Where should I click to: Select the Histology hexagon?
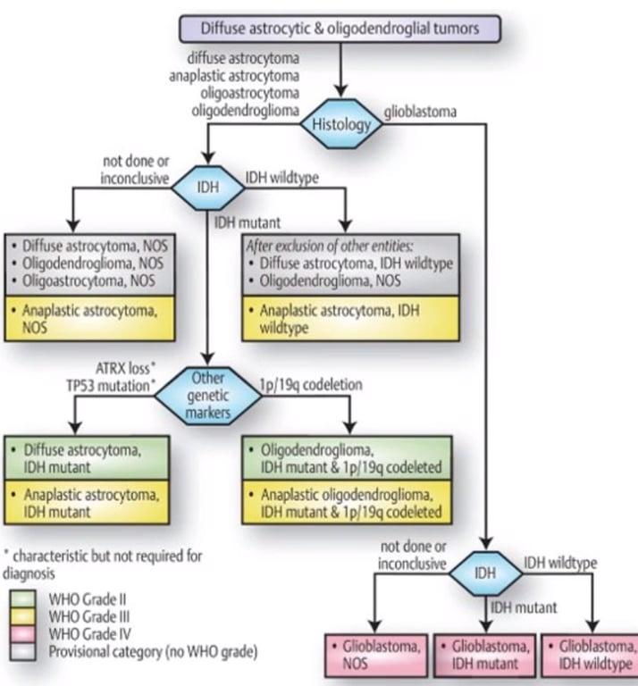coord(340,124)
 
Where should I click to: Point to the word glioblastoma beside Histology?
coord(423,114)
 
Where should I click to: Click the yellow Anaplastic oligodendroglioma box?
coord(349,503)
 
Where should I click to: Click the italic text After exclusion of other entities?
coord(326,247)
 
